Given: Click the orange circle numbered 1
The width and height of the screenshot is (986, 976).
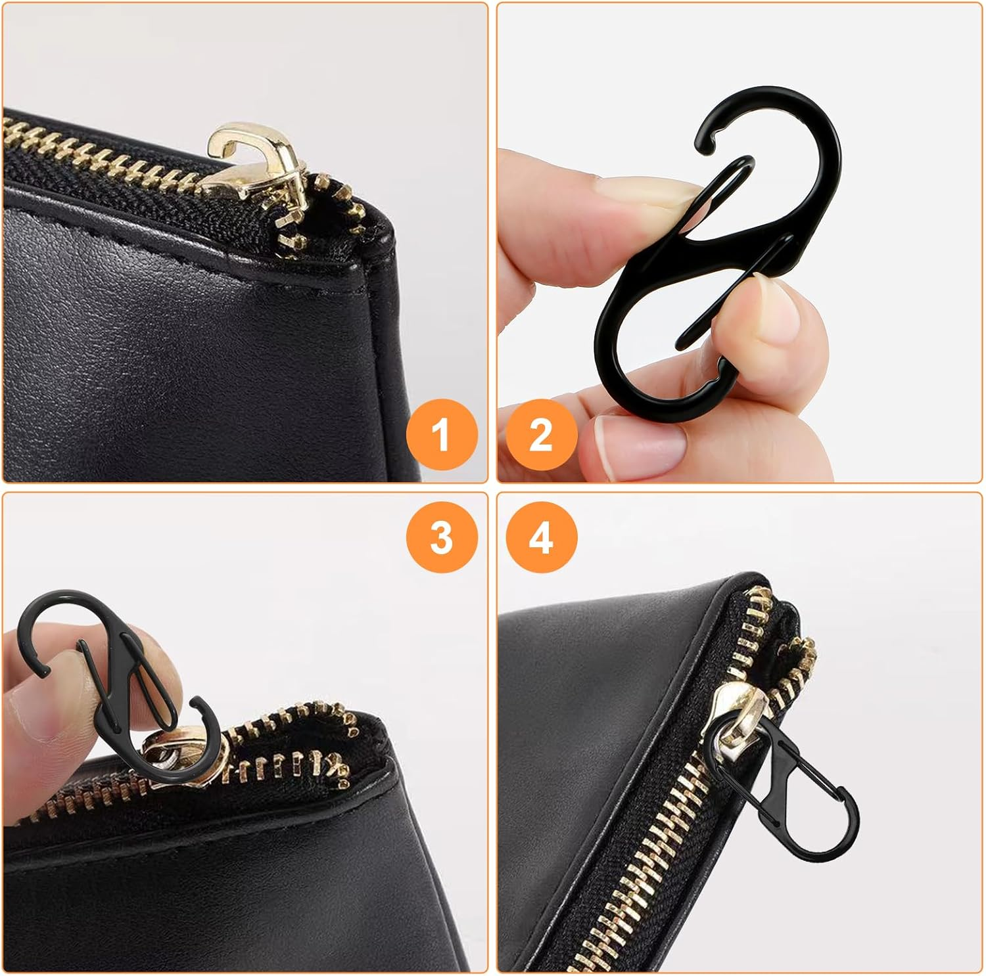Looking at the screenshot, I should tap(442, 433).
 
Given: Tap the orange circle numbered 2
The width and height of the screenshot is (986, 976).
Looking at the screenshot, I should tap(541, 433).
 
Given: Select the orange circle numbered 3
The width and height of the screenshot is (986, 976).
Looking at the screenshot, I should tap(442, 537).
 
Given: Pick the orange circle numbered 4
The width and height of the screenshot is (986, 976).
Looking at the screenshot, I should tap(541, 537).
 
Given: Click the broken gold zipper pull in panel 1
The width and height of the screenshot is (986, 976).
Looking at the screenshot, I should tap(246, 164).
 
